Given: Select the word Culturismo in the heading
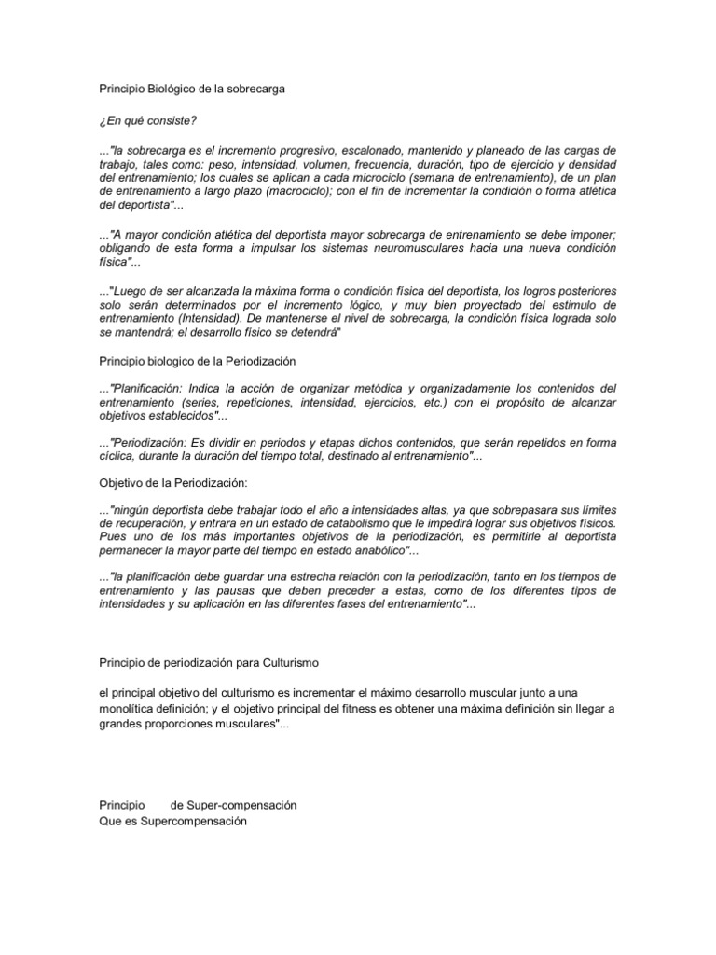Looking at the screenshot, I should [x=289, y=662].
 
